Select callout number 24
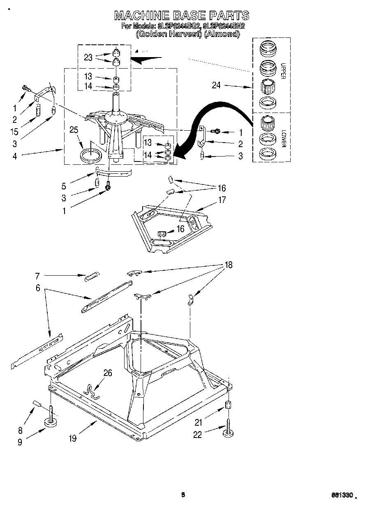tap(216, 85)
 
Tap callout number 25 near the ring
tap(74, 130)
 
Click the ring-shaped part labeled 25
tap(90, 156)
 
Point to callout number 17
tap(222, 201)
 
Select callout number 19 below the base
tap(73, 439)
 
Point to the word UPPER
tap(283, 71)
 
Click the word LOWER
tap(283, 140)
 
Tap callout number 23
tap(88, 58)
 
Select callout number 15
tap(15, 131)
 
